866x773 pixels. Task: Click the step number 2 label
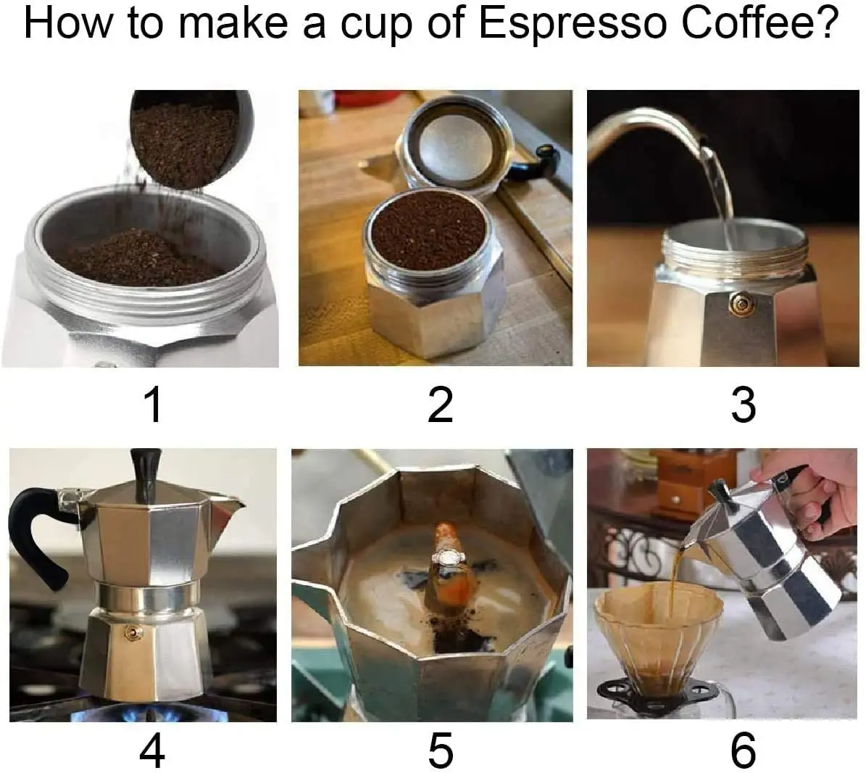pyautogui.click(x=440, y=404)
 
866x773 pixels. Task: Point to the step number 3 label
pyautogui.click(x=743, y=404)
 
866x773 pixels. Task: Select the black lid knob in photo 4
pyautogui.click(x=143, y=471)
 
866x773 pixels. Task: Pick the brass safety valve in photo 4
pyautogui.click(x=133, y=632)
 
